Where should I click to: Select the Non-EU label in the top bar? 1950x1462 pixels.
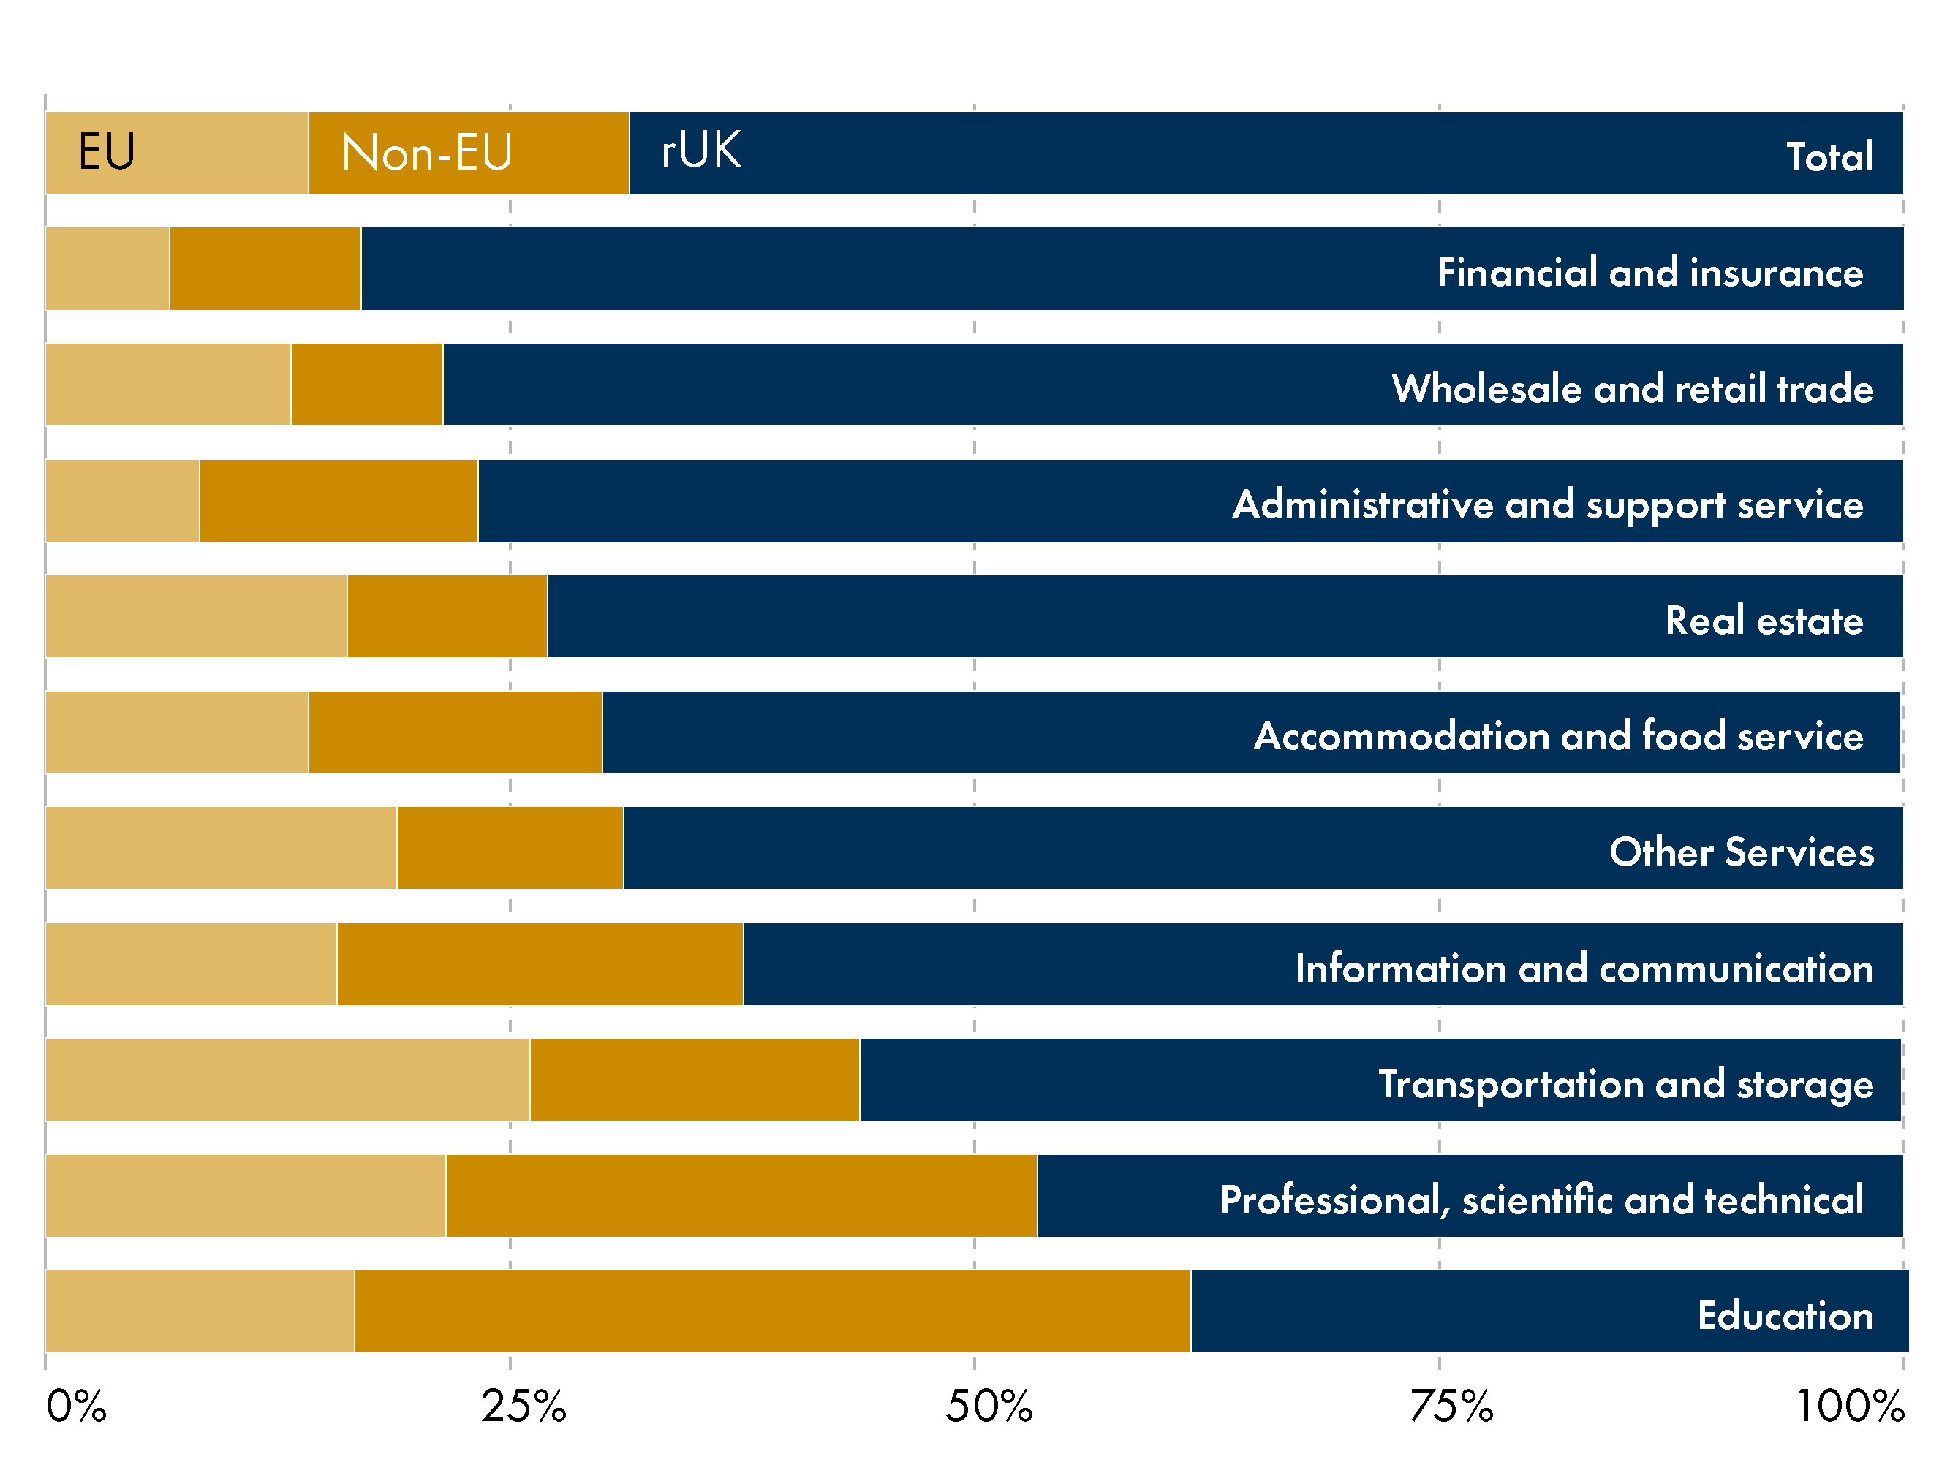coord(427,153)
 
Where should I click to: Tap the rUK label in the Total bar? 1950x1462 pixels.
coord(701,151)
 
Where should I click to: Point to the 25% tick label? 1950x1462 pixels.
coord(523,1406)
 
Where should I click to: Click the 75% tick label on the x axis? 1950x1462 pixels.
coord(1451,1406)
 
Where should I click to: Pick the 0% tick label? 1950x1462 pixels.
coord(76,1406)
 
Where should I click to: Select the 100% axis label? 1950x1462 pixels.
coord(1850,1406)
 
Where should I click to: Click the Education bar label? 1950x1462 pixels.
coord(1785,1316)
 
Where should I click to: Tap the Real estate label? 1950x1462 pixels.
coord(1764,621)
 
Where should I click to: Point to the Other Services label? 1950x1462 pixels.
coord(1741,852)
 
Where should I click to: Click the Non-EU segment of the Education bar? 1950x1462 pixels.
coord(771,1311)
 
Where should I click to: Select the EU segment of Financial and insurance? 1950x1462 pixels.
coord(107,269)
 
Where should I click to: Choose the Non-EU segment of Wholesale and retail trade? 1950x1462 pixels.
coord(367,385)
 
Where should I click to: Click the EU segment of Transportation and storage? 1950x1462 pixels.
coord(287,1080)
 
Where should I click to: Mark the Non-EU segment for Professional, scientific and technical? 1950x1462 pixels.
coord(741,1196)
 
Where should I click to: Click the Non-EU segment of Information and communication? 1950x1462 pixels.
coord(540,964)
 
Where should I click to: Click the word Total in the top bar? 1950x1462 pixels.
coord(1829,157)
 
